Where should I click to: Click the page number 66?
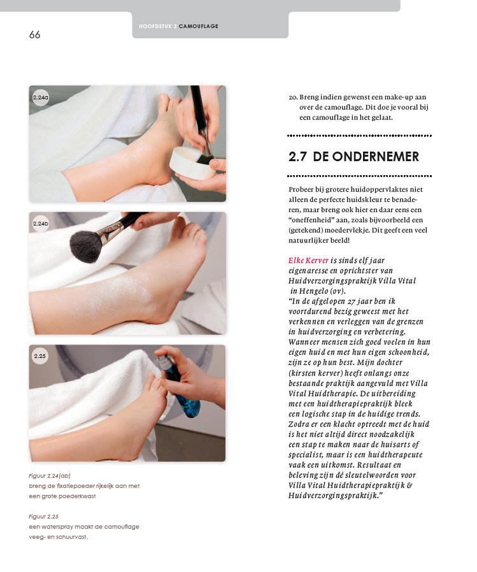click(34, 34)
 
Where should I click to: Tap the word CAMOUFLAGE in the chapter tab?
click(199, 26)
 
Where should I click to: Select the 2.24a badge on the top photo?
click(41, 97)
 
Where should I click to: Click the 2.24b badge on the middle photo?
click(41, 224)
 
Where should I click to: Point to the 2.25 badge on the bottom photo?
click(39, 355)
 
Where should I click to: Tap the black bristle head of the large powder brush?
click(86, 247)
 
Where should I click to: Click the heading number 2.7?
click(297, 157)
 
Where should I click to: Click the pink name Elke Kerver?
click(308, 260)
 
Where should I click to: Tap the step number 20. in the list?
click(293, 97)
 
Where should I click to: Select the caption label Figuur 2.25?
click(44, 517)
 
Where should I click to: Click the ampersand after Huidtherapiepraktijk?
click(409, 485)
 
